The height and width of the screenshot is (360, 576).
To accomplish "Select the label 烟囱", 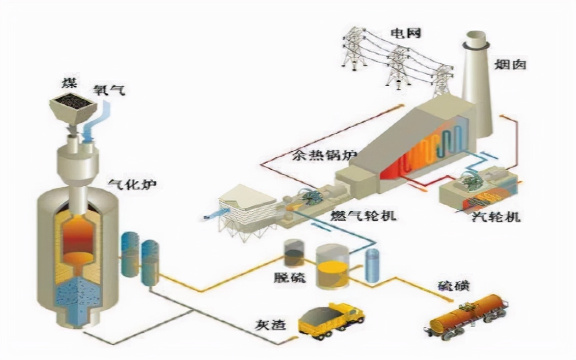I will coord(510,64).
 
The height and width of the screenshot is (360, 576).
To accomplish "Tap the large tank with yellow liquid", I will coord(332,266).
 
